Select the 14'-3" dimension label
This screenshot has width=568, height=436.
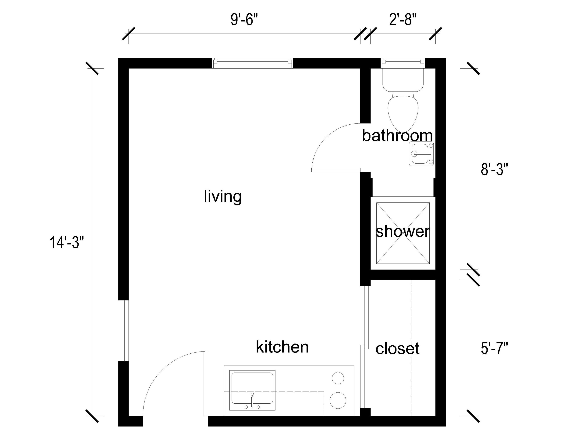click(x=67, y=243)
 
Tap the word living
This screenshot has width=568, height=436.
click(x=222, y=196)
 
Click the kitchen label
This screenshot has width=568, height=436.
click(x=282, y=347)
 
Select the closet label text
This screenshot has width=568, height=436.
click(x=397, y=348)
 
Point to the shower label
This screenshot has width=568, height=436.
click(x=403, y=231)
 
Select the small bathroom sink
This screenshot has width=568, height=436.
click(x=421, y=154)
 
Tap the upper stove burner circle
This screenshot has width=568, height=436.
click(x=338, y=378)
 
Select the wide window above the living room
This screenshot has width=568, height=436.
click(x=252, y=63)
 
